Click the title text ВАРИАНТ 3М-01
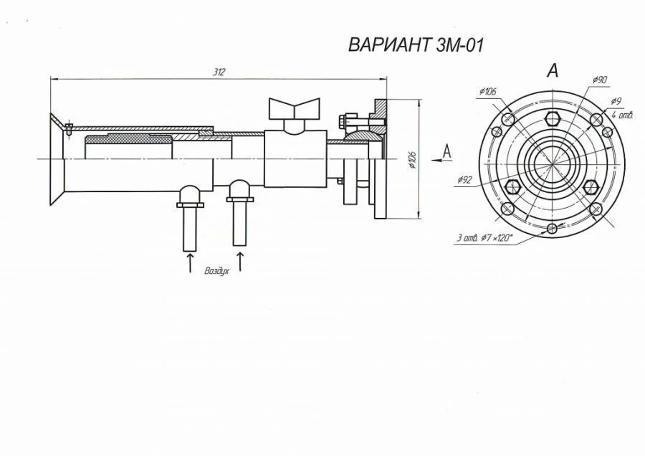(416, 45)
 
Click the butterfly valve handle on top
(294, 109)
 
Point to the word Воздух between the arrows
(216, 272)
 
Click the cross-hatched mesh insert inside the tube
(129, 137)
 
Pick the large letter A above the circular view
(552, 70)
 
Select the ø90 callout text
(600, 79)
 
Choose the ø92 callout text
(464, 181)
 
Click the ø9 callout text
(616, 101)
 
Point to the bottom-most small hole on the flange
(551, 228)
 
